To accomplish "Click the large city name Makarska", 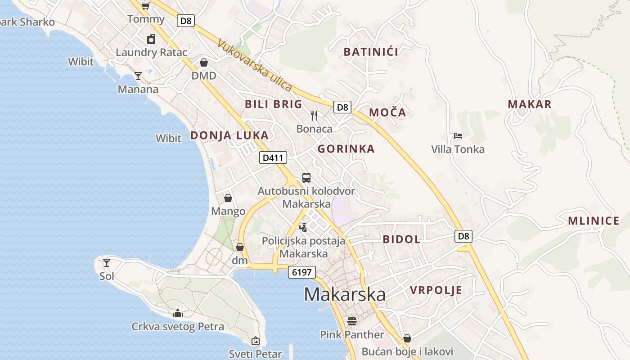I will click(345, 294).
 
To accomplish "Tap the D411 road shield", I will click(273, 157).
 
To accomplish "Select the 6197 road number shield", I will click(301, 272).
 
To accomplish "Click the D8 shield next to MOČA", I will click(342, 107).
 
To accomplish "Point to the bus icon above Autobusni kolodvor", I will click(306, 177).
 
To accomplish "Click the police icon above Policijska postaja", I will click(303, 227).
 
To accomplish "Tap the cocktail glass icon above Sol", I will click(107, 262).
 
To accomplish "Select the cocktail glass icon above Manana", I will click(138, 76).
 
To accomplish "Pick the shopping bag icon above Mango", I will click(228, 198).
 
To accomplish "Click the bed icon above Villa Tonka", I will click(458, 135).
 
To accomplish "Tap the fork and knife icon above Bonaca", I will click(315, 116).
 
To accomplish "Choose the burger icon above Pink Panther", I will click(352, 321).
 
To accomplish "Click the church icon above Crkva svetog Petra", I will click(178, 313).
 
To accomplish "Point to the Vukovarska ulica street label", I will click(255, 66).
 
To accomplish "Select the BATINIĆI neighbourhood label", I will click(371, 52).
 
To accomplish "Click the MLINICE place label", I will click(594, 221).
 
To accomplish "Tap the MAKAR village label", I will click(530, 104).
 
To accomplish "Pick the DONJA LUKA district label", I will click(229, 135).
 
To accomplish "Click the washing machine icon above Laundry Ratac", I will click(151, 39).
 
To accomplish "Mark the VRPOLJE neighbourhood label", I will click(436, 290).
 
